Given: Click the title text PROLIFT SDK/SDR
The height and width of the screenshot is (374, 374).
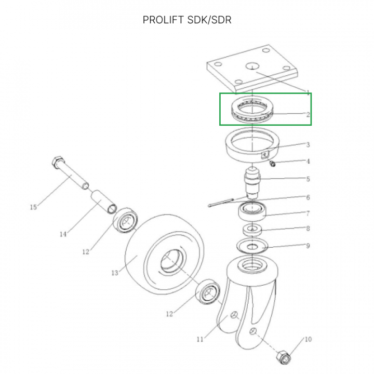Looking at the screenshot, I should coord(187,20).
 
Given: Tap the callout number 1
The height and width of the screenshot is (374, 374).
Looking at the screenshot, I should coord(308,94).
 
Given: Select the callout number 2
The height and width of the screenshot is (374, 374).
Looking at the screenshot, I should coord(308,115).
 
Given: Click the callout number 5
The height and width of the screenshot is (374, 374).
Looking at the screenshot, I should coord(308,179).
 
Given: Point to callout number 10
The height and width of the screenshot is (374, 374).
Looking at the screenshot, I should coord(308,340).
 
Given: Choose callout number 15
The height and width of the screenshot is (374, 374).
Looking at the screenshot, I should coord(33,207).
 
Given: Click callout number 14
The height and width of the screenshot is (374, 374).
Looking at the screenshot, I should coord(63,234).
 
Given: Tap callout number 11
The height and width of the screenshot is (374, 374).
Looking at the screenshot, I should coord(200,340).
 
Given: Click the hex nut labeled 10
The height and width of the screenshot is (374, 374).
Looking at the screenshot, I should coord(280,357).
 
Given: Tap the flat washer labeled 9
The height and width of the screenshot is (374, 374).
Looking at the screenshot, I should coord(252,245).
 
